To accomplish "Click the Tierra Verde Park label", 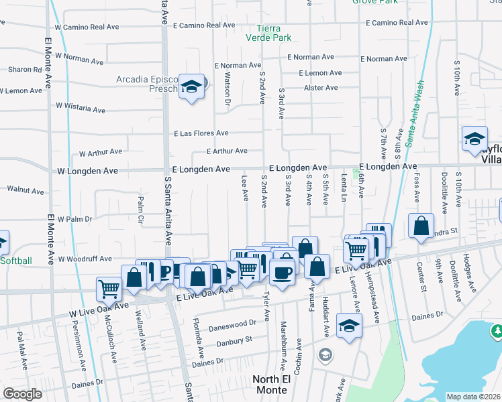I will (x=274, y=33).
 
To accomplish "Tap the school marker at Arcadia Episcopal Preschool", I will (x=192, y=86).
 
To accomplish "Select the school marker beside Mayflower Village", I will (x=474, y=139).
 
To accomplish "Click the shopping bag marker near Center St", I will (x=420, y=226).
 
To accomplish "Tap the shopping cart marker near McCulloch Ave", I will (x=109, y=289).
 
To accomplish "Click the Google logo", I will (x=22, y=394).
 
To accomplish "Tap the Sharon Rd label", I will (x=24, y=69).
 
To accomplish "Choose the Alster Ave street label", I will (x=321, y=88).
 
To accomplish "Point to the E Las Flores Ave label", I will (x=201, y=133).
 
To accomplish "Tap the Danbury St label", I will (x=234, y=340).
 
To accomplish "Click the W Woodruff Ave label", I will (x=84, y=259).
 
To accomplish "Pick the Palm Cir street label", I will (x=141, y=209).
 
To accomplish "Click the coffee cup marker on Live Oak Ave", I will (x=282, y=272).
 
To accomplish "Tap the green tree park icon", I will (x=497, y=330).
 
